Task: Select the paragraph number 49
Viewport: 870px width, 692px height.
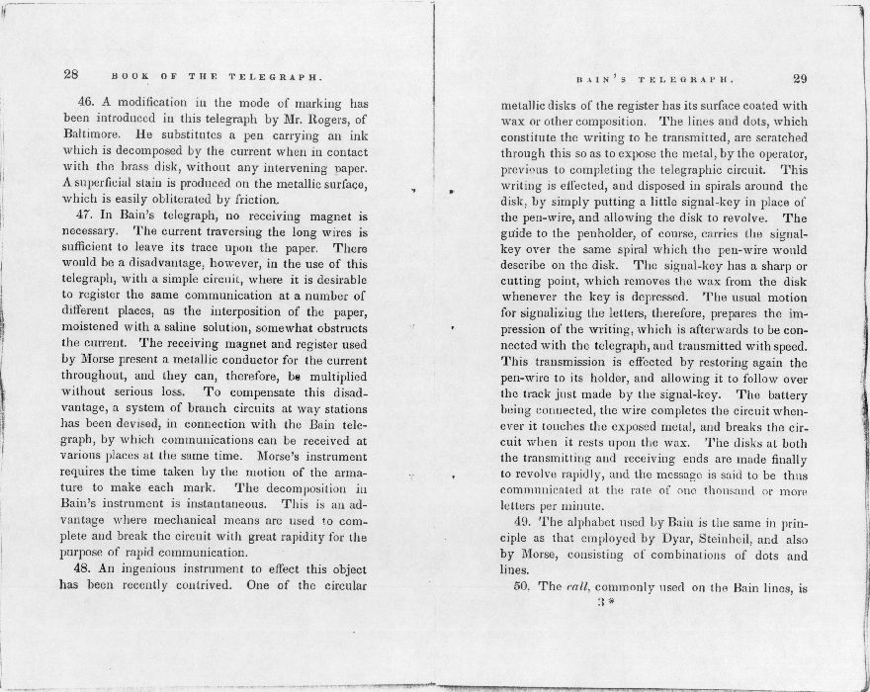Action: coord(523,521)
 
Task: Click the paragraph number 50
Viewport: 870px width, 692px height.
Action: coord(523,587)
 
